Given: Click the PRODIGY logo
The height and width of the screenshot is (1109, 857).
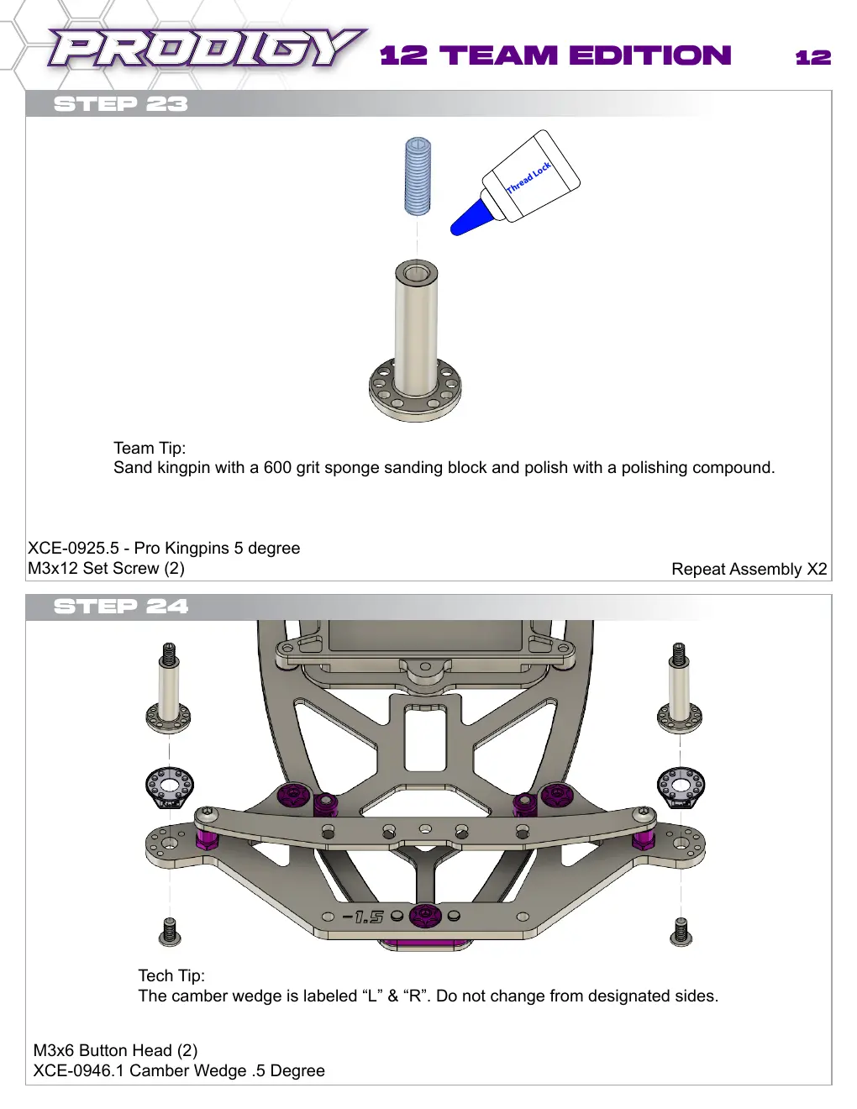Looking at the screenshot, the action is click(x=207, y=48).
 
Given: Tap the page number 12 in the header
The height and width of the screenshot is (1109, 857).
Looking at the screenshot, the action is click(x=812, y=57).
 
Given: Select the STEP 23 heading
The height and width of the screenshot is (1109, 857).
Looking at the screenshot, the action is click(x=121, y=104).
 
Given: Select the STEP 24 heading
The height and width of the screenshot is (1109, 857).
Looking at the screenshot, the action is click(x=121, y=607).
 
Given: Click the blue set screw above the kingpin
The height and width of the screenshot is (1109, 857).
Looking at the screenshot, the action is click(x=418, y=176).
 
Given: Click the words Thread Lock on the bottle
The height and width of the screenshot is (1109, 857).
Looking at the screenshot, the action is click(x=528, y=178).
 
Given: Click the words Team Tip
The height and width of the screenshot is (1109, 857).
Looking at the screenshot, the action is click(x=150, y=448).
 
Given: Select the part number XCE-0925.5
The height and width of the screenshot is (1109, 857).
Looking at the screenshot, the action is click(x=73, y=548).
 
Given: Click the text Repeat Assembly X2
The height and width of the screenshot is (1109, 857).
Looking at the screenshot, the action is click(x=749, y=569).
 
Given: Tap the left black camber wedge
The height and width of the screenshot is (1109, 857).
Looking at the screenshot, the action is click(x=170, y=790).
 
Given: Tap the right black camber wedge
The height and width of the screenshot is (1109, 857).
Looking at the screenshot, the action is click(x=681, y=789).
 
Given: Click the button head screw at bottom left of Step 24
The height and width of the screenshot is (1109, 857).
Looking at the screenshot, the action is click(x=170, y=932).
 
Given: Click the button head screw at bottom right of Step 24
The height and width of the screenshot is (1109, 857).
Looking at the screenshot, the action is click(x=681, y=932).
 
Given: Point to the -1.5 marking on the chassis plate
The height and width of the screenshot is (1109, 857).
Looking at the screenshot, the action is click(x=362, y=917).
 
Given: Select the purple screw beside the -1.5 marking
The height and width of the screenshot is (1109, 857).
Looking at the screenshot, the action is click(x=424, y=915).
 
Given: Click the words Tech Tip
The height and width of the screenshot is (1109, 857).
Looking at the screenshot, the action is click(x=171, y=975).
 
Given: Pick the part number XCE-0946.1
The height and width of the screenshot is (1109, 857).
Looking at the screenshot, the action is click(x=79, y=1070).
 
